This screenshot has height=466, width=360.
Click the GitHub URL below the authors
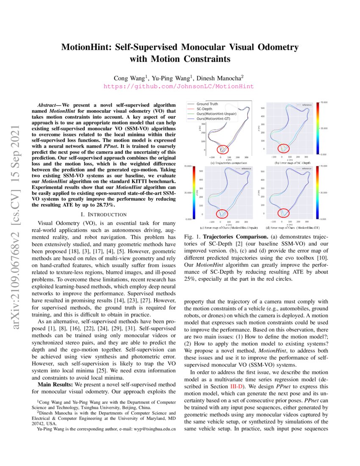pyautogui.click(x=179, y=86)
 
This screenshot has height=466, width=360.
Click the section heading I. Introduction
pyautogui.click(x=104, y=214)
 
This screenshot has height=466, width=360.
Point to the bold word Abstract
pyautogui.click(x=49, y=105)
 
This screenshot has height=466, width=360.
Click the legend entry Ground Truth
pyautogui.click(x=208, y=104)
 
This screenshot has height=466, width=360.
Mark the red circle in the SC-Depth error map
pyautogui.click(x=285, y=148)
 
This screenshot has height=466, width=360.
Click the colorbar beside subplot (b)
pyautogui.click(x=318, y=128)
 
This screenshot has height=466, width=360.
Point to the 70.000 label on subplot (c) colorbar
pyautogui.click(x=187, y=166)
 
